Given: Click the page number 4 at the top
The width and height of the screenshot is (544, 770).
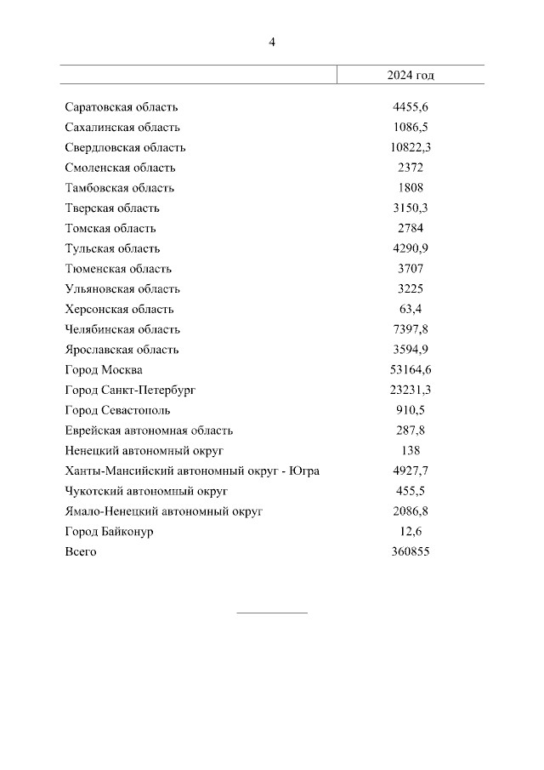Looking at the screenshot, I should coord(272,42).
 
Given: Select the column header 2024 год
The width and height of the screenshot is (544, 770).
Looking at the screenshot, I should coord(411,75).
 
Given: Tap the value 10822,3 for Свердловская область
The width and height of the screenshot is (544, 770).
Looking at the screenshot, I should coord(411,147).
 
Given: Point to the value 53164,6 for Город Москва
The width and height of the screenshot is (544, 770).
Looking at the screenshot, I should coord(411,370).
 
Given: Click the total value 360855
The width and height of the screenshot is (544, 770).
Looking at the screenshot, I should coord(411,552).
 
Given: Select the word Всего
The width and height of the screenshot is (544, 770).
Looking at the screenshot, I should coord(81,552).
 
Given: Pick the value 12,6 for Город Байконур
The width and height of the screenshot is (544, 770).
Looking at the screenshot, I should coord(411,532).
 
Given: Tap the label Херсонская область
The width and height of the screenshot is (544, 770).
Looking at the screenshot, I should coord(119,310).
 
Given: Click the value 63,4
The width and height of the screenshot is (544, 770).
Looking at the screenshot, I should coord(411,310).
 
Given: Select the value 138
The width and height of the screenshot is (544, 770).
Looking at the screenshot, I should coord(411,451).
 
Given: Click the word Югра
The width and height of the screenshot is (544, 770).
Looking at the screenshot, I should coord(303,471).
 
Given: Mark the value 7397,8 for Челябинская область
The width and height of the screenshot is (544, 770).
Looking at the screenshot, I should coord(411,329).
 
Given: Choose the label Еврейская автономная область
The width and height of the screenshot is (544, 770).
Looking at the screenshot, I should coord(149,431).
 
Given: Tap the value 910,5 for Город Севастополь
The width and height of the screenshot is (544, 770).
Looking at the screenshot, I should coord(411,410).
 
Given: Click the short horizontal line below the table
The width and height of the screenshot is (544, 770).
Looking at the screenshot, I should coord(271,613).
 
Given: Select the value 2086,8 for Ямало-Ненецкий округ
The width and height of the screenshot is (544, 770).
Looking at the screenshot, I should coord(411,511).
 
